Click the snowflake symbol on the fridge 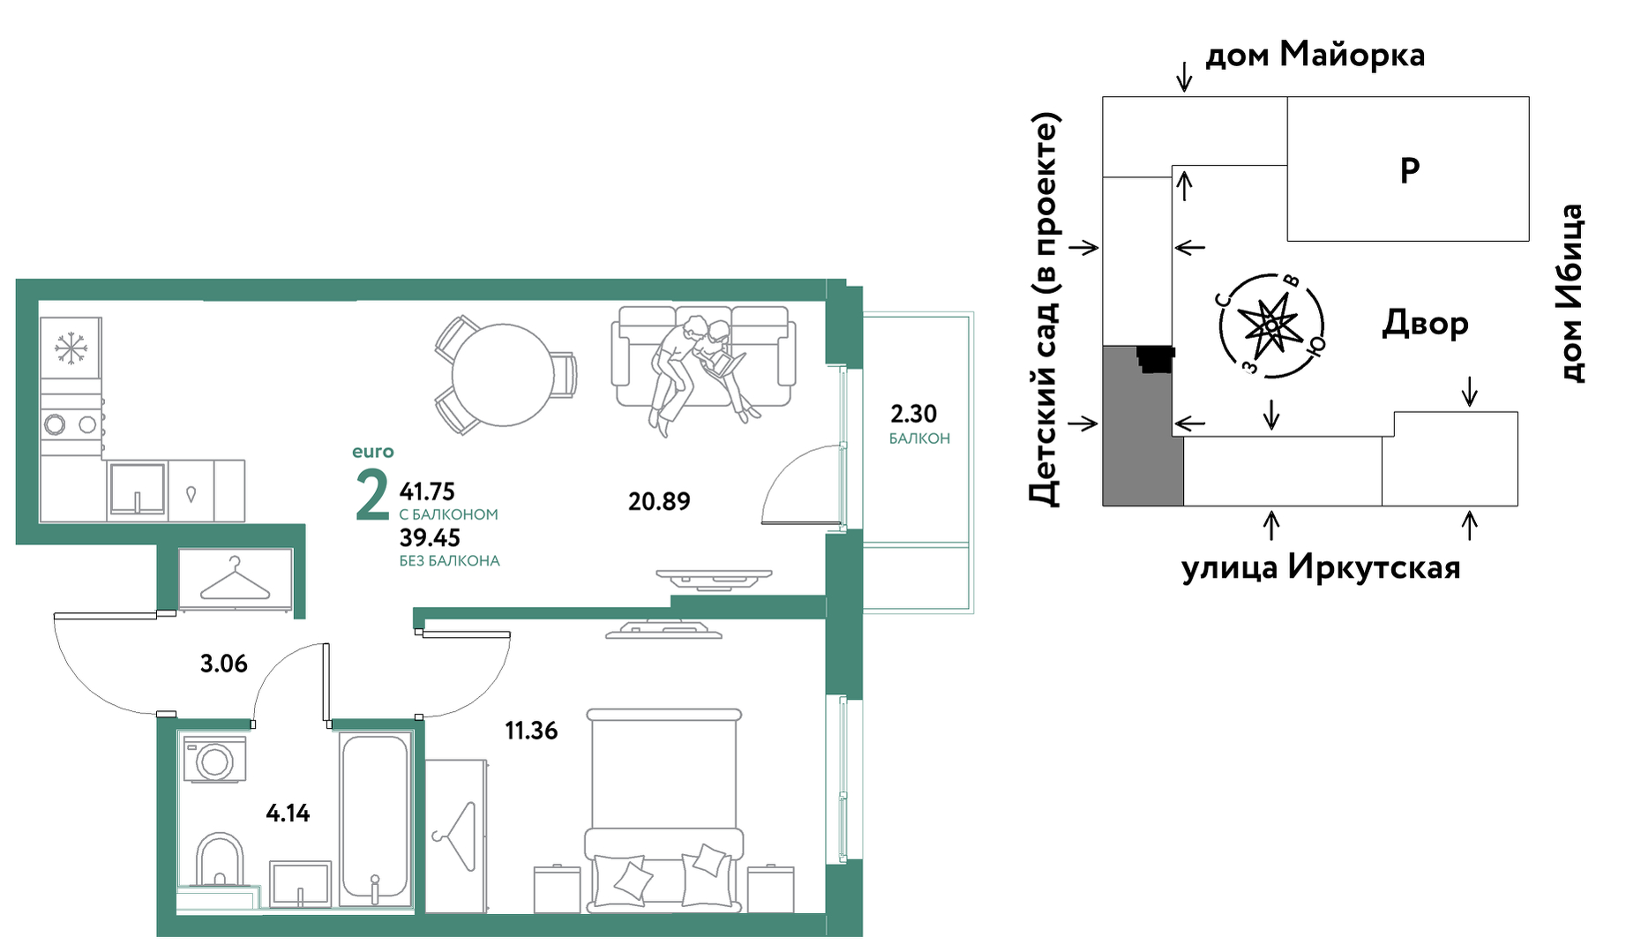71,348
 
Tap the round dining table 503,375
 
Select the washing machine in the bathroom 214,760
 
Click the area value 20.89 659,501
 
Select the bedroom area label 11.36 531,731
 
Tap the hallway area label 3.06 224,663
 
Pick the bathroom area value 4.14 288,813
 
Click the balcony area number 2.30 913,414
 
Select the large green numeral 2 372,495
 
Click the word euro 373,452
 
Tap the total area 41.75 427,491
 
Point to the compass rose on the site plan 1271,326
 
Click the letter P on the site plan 1410,169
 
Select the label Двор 1425,323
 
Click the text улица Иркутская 1321,566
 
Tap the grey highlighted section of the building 1143,426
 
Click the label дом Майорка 1315,55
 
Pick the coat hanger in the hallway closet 235,579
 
